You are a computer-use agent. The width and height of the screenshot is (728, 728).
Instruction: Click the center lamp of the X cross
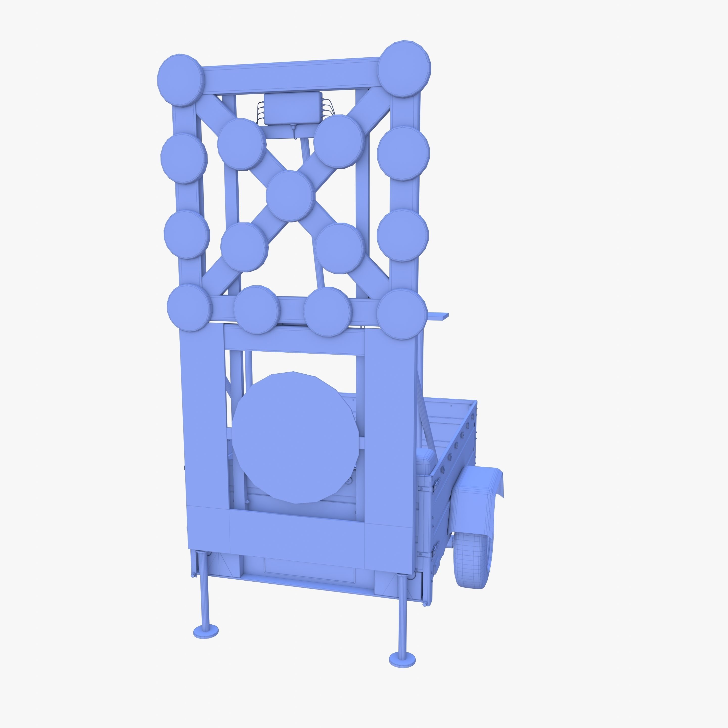click(290, 196)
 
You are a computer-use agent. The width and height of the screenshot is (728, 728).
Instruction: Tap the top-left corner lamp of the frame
click(180, 80)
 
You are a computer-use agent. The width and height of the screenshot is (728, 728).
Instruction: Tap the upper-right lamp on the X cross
click(339, 142)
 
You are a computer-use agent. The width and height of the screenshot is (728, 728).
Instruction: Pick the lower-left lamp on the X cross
click(244, 246)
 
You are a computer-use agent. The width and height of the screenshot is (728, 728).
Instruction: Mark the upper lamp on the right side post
click(403, 153)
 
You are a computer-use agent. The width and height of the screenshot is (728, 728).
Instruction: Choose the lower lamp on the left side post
click(187, 234)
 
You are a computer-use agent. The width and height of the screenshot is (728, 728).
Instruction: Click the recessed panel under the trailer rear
click(310, 570)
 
